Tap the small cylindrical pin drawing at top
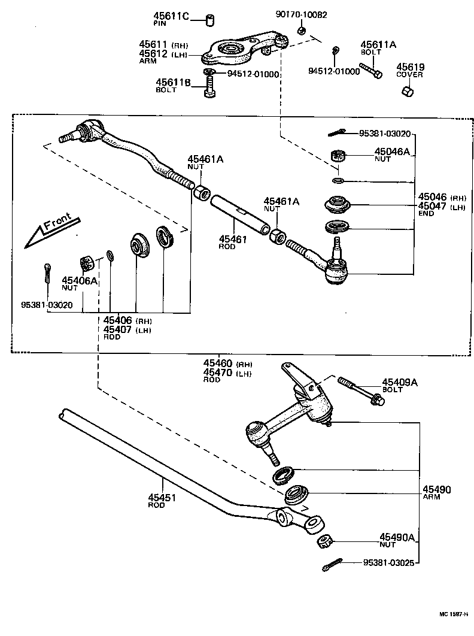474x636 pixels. click(x=211, y=20)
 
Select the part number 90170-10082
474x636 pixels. click(x=301, y=14)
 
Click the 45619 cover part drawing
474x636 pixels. click(x=407, y=90)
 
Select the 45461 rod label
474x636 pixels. click(x=232, y=239)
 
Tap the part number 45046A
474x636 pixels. click(x=393, y=152)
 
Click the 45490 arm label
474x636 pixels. click(x=436, y=489)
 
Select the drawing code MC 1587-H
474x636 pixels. click(x=452, y=614)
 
